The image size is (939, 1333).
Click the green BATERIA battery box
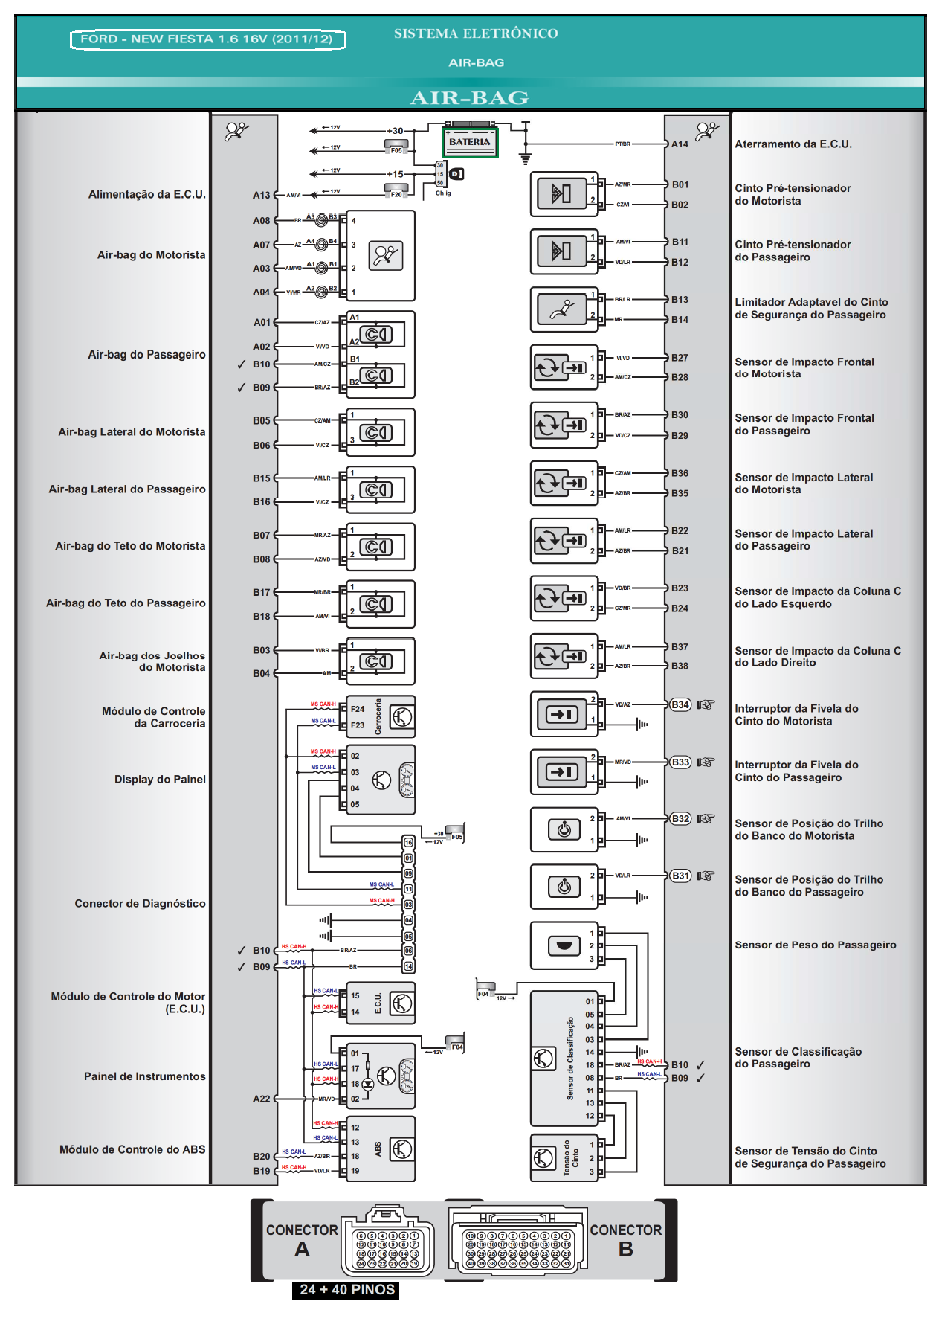(470, 142)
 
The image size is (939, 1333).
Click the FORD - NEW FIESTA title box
(207, 39)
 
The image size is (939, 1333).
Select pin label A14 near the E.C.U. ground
(680, 144)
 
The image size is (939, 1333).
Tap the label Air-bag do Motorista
(151, 255)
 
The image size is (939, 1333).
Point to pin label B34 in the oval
(680, 704)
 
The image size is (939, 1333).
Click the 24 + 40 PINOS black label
(346, 1289)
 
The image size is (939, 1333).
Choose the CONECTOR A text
(302, 1239)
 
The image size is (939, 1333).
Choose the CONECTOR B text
(625, 1239)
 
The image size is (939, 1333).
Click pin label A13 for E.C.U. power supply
(261, 196)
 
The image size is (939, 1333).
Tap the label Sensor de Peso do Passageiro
(815, 945)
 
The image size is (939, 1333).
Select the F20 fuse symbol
(396, 193)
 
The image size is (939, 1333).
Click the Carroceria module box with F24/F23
(381, 717)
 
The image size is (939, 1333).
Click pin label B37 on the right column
(680, 647)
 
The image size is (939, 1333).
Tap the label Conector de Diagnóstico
(140, 904)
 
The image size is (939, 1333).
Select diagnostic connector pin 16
(408, 842)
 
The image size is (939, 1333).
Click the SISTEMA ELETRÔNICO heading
(476, 33)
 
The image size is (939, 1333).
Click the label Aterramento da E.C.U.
(793, 144)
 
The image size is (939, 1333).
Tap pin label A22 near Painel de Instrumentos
(261, 1099)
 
